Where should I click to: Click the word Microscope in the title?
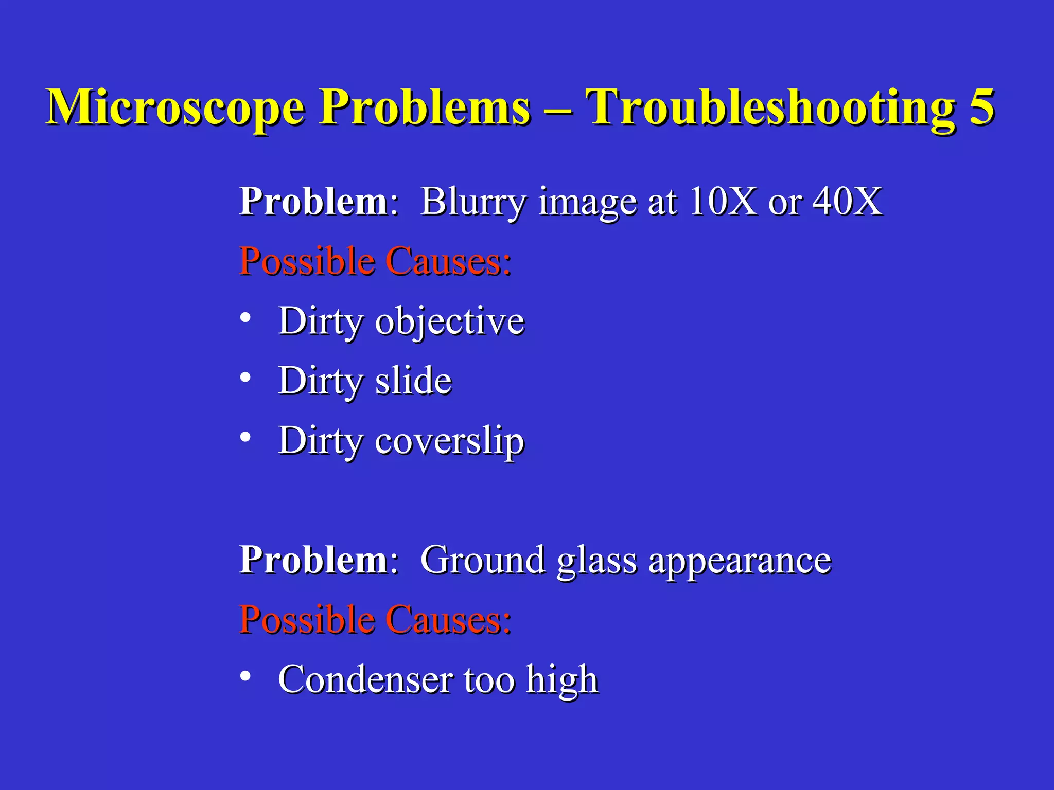pos(175,108)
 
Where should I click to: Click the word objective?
pos(449,322)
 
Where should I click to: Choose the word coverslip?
pos(449,441)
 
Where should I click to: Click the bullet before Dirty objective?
pos(245,318)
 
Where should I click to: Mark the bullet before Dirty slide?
pos(245,378)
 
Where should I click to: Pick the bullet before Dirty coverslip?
pos(245,438)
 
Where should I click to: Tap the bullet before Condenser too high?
pos(245,676)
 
